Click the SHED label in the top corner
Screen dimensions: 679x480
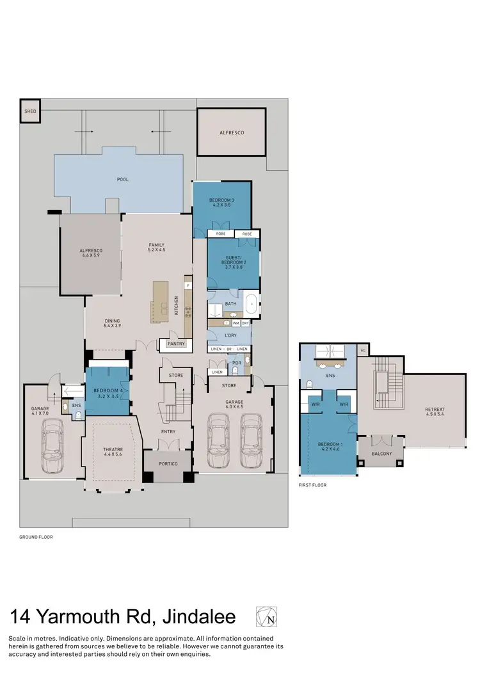(x=30, y=111)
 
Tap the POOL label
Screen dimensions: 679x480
(x=122, y=180)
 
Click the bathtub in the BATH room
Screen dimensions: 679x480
(x=252, y=305)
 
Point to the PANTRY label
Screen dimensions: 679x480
(x=175, y=344)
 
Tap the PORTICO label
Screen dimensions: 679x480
(x=168, y=463)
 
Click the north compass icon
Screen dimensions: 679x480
(x=267, y=617)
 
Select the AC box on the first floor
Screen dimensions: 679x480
(x=363, y=351)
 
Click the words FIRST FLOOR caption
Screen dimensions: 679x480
(x=312, y=486)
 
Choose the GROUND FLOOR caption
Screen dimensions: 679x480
(x=36, y=538)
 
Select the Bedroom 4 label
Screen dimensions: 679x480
(x=108, y=392)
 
